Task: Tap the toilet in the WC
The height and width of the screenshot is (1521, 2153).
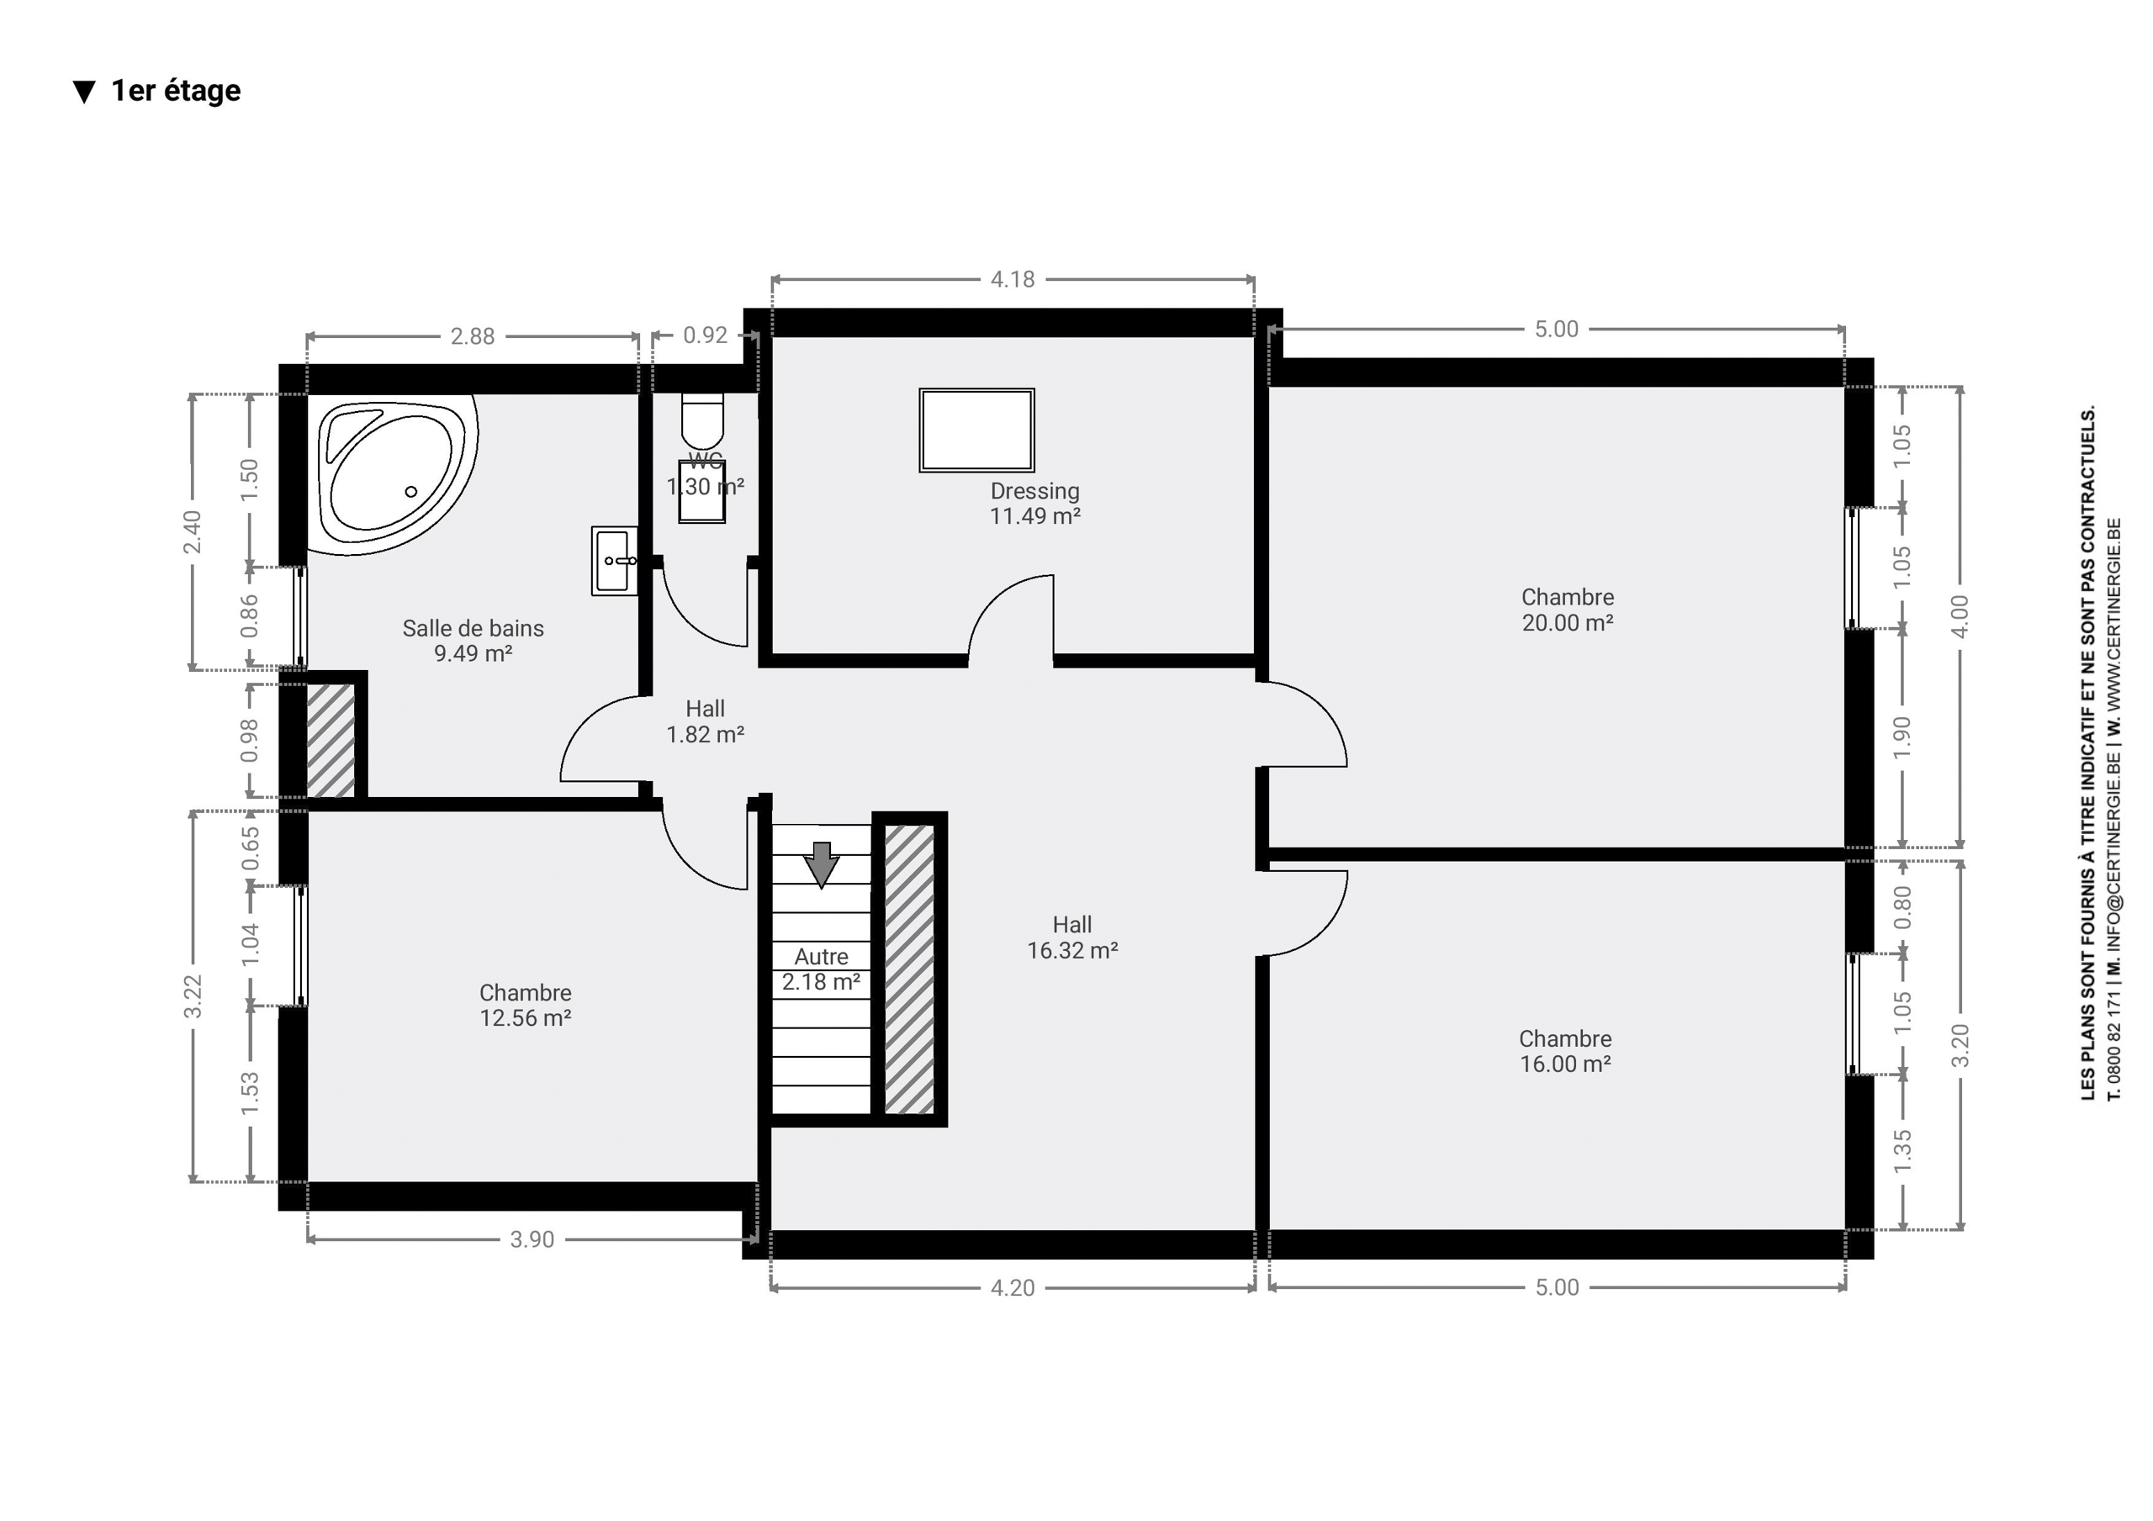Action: [702, 421]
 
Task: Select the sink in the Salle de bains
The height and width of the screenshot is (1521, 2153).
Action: [614, 561]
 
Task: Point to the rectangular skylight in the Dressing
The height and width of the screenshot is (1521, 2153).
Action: [977, 430]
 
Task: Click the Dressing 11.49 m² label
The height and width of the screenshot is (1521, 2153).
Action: [1035, 504]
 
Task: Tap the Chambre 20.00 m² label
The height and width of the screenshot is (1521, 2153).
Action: [1568, 610]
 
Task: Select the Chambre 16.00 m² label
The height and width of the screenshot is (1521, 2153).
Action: [1566, 1051]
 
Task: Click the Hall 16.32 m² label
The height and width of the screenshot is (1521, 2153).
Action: [1073, 937]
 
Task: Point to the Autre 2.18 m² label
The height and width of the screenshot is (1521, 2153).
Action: [822, 969]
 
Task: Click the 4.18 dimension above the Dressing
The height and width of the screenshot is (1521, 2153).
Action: [1013, 279]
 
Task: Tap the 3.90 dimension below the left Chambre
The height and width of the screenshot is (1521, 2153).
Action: [532, 1239]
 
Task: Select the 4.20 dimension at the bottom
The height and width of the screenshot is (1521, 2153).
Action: [1013, 1288]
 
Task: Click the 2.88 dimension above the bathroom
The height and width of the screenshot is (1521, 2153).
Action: [473, 336]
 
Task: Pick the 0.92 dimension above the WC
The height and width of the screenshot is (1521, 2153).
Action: [705, 335]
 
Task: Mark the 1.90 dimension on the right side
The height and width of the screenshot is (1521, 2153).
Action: [1902, 738]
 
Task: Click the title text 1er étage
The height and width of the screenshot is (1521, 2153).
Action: [177, 91]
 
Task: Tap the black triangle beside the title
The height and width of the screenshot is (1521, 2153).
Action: [84, 92]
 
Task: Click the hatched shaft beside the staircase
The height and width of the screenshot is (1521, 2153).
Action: [910, 969]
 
